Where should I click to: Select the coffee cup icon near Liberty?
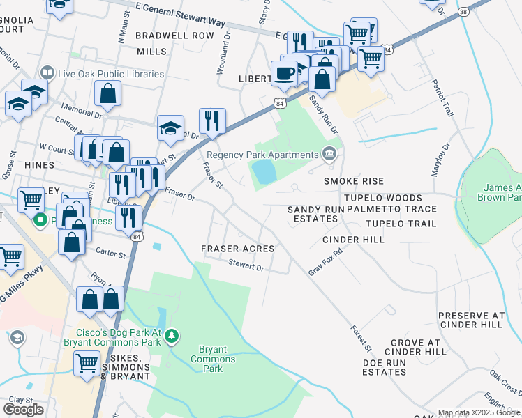click(x=284, y=72)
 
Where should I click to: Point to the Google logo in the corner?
click(x=23, y=410)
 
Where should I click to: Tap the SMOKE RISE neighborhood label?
click(x=354, y=180)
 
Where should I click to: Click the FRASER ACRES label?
click(x=237, y=248)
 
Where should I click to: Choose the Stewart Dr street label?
click(x=246, y=266)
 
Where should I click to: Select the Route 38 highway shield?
click(x=464, y=12)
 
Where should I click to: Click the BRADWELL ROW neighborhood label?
click(x=174, y=35)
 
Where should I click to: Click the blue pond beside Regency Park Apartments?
click(x=264, y=171)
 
